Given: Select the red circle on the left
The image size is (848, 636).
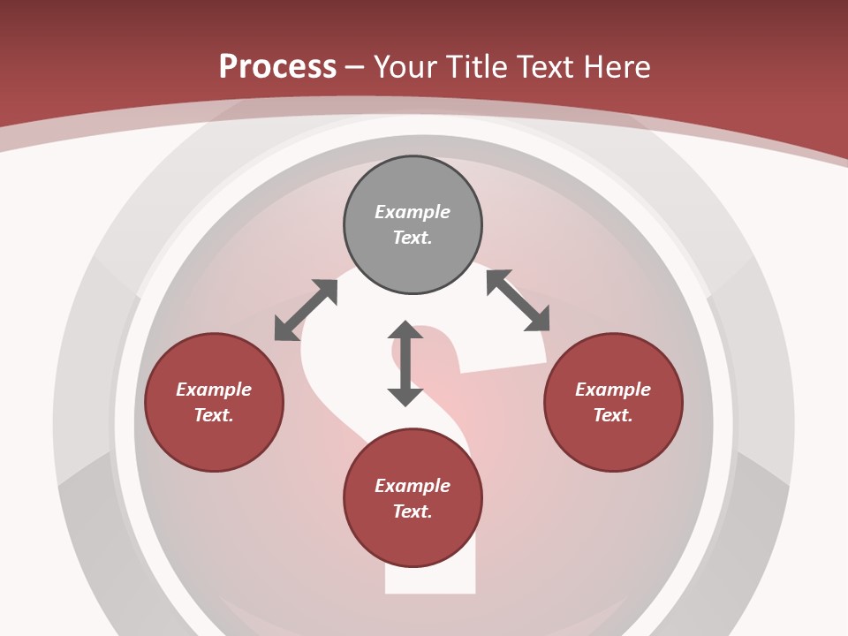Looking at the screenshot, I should coord(214,442).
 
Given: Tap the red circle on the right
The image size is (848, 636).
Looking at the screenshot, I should coord(613,442).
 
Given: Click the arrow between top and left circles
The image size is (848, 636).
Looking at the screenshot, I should coord(306,310).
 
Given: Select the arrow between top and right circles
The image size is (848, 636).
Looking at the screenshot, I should coord(518,300).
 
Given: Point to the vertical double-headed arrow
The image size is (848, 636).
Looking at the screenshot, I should coord(405,363).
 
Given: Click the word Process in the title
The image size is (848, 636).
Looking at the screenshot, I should coord(277,66).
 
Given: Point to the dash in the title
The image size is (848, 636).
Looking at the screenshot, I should coord(355,67).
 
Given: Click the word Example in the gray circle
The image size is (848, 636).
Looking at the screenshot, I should coord(413,212).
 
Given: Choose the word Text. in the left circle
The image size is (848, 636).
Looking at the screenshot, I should coord(214,415).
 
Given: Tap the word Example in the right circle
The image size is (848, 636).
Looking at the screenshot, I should coord(613,390).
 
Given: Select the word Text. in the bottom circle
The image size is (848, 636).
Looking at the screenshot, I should coord(413,511).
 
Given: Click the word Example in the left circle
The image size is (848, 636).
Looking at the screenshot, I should coord(214,390).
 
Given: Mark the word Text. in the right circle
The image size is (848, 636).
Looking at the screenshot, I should coord(613,415).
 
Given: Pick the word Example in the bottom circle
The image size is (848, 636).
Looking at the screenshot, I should coord(413,486).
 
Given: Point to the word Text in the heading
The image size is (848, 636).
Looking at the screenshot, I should coord(545,66).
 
